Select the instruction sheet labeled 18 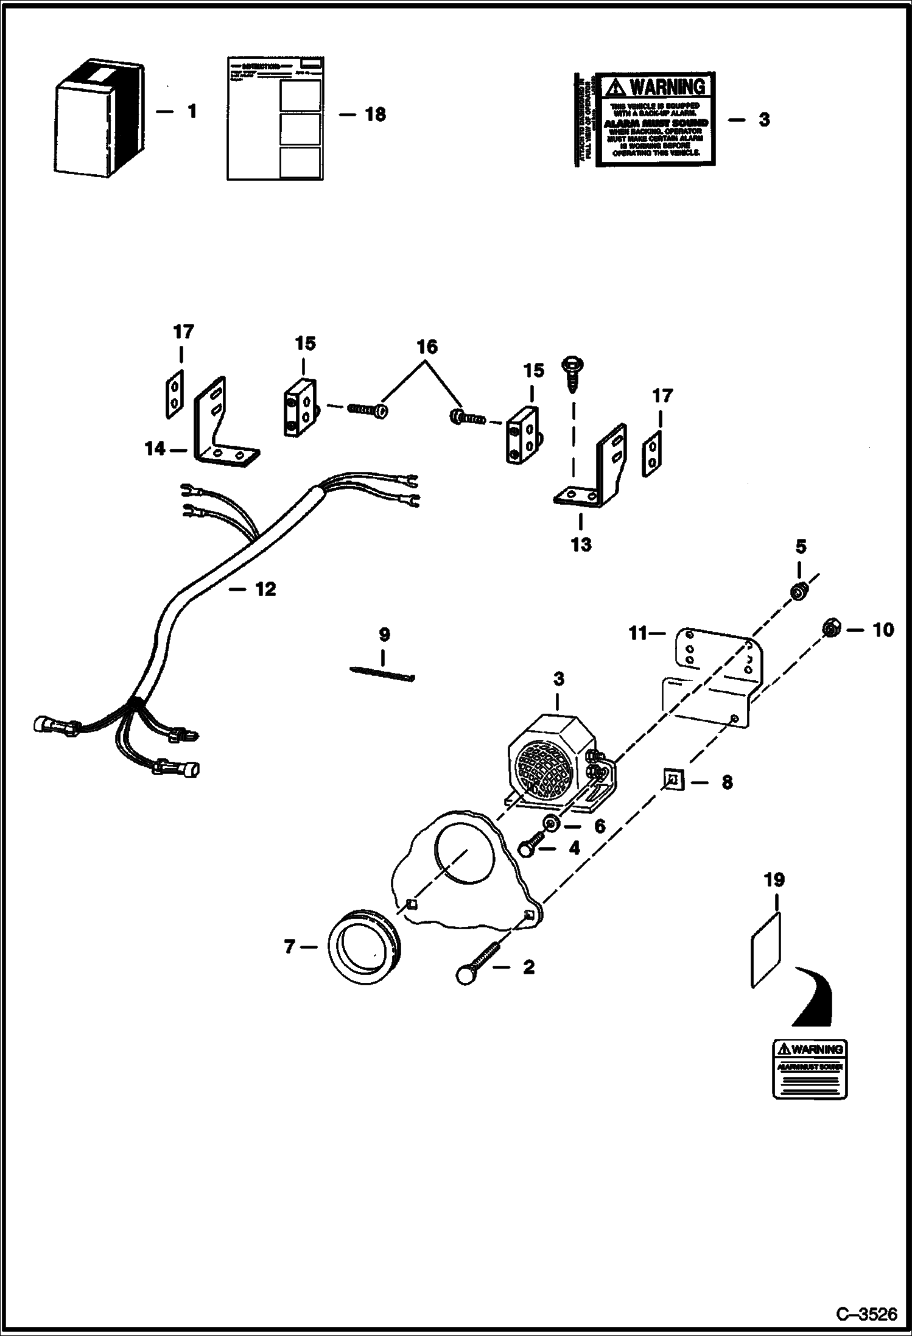click(275, 119)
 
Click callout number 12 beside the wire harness click(265, 589)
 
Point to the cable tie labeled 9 click(382, 673)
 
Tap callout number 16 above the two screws click(427, 347)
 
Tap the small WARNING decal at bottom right click(810, 1069)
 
